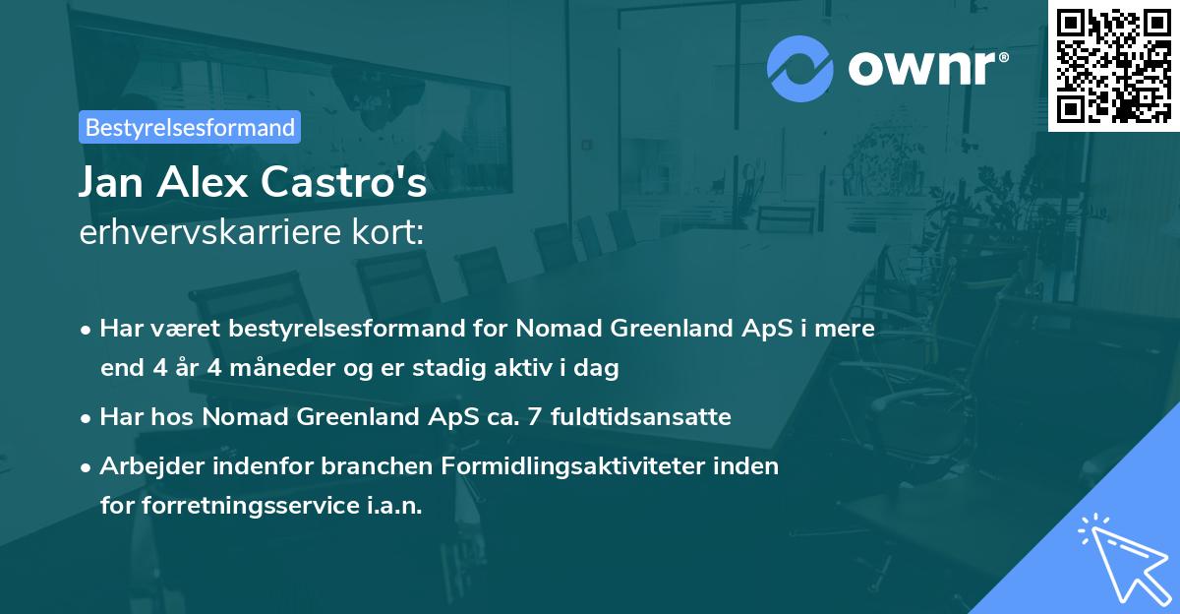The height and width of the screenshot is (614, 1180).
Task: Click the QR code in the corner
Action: point(1113,66)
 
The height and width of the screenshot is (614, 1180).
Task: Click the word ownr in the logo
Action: point(926,67)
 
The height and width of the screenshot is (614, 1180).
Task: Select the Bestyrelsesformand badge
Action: point(190,127)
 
